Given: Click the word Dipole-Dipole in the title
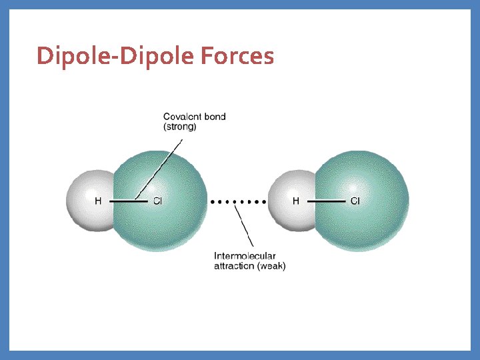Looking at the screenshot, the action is [x=115, y=56].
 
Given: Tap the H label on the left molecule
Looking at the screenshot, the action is [x=98, y=201].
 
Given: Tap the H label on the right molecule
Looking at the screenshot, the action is [x=296, y=201].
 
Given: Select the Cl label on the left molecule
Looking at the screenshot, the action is [x=157, y=201].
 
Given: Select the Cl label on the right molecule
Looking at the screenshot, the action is [x=355, y=201].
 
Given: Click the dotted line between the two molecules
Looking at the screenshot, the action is [x=239, y=201].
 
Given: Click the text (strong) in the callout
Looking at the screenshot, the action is [x=180, y=126].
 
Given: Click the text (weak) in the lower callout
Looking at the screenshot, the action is [x=271, y=266].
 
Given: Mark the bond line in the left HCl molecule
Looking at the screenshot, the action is [x=123, y=201].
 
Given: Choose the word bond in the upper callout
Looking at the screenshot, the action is [x=215, y=117].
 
